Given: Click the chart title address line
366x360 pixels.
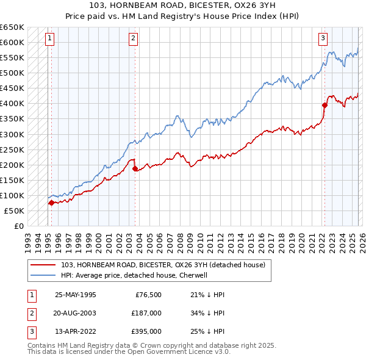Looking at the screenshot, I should [182, 5].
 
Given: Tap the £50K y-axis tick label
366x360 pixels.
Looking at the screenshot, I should [15, 211].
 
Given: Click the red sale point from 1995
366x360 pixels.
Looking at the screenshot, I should [51, 203].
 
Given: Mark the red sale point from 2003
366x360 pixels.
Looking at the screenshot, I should [135, 168].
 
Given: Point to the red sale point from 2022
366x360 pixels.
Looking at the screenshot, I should [325, 105].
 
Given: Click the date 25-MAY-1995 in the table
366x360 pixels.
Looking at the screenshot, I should [76, 295].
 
